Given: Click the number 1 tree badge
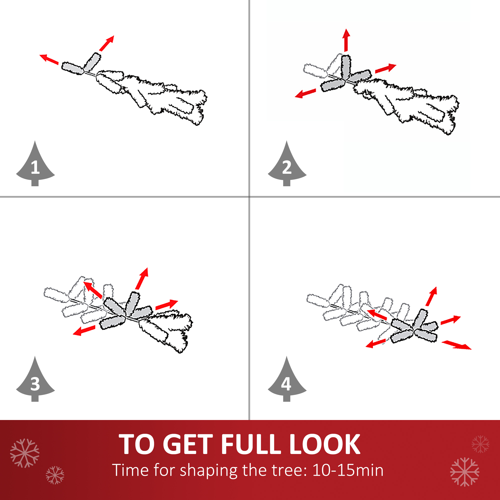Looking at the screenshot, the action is [x=35, y=166].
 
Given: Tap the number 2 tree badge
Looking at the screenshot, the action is [x=287, y=166].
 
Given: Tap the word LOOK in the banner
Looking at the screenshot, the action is [x=325, y=444].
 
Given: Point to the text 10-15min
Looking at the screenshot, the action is [x=348, y=470].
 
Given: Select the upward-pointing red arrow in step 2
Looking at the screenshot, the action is [x=346, y=40].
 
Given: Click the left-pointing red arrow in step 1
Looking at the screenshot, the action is [x=49, y=59].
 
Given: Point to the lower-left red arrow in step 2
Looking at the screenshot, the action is [x=305, y=93].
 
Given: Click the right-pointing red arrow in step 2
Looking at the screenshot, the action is [x=385, y=68].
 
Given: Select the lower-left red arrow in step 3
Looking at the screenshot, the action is [x=84, y=330].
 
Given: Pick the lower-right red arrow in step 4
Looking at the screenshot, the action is [x=456, y=345].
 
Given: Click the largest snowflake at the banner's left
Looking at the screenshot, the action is [x=25, y=453].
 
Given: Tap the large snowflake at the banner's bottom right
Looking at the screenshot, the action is [x=465, y=472].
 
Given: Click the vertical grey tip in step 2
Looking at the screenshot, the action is [x=346, y=67].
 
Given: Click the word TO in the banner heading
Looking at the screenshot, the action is [x=136, y=444].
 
